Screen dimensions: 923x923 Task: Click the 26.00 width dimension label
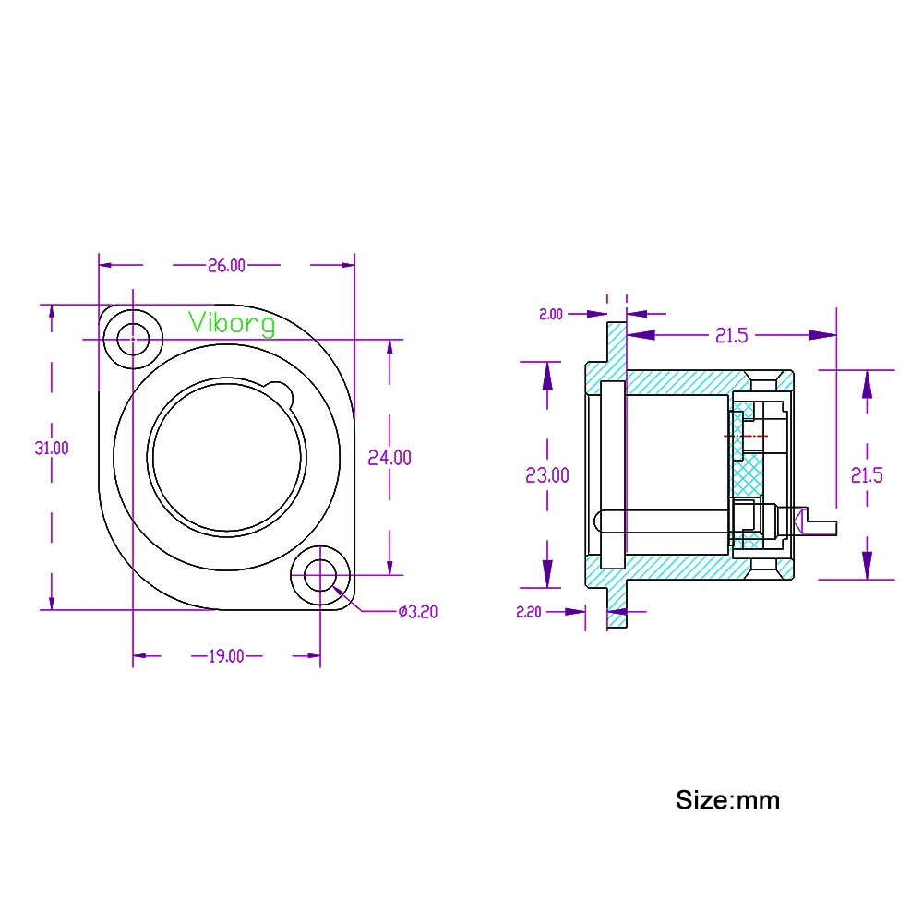click(x=226, y=266)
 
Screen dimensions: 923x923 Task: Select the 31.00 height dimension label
click(x=52, y=448)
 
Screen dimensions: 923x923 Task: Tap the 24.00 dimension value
click(x=390, y=457)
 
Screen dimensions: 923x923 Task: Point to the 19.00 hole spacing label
click(x=226, y=656)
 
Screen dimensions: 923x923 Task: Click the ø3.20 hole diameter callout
click(x=417, y=612)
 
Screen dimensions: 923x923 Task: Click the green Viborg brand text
click(x=232, y=323)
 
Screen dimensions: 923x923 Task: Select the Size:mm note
click(x=727, y=799)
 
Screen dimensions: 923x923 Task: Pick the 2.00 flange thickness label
click(x=550, y=315)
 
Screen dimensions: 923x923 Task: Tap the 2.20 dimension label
click(x=528, y=612)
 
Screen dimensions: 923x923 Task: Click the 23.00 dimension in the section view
click(x=547, y=475)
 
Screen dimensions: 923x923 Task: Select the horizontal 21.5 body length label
click(x=730, y=336)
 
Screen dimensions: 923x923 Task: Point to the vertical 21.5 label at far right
click(x=867, y=475)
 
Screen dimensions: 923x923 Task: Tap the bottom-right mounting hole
click(x=319, y=577)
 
